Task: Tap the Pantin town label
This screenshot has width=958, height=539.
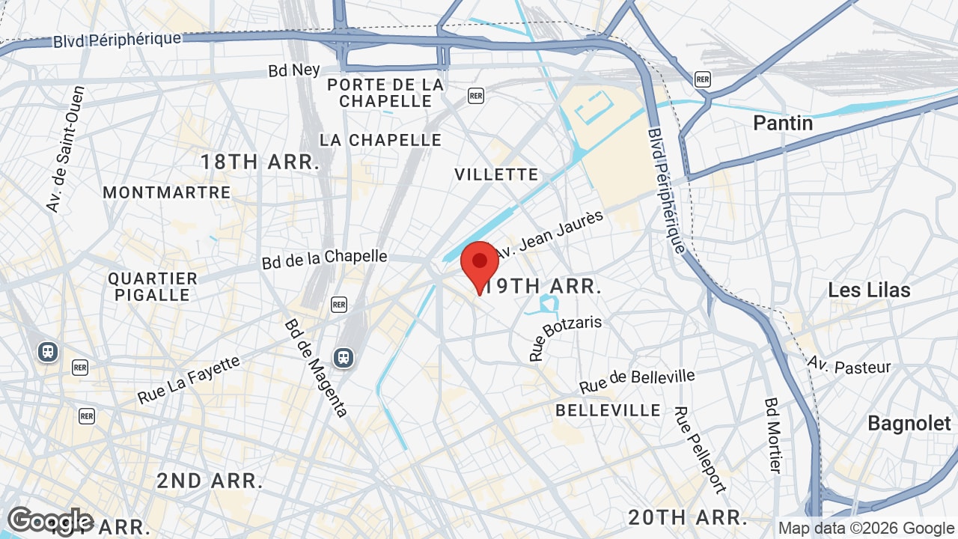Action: (783, 123)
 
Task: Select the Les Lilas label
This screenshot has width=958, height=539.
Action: (869, 290)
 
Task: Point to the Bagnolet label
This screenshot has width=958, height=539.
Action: (909, 423)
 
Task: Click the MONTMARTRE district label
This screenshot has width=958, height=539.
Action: (167, 192)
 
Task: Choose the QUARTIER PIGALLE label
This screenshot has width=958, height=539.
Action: (153, 287)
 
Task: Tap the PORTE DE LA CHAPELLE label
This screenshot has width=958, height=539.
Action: (385, 93)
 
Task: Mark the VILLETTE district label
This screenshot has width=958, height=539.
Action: (496, 174)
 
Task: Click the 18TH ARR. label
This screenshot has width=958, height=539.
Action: (260, 162)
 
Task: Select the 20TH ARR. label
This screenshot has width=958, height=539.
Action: (688, 517)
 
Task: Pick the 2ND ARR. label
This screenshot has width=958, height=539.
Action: (210, 481)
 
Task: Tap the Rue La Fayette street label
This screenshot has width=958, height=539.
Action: (189, 380)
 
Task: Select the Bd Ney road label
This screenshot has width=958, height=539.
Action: (294, 70)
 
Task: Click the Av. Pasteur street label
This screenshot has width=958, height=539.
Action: (849, 365)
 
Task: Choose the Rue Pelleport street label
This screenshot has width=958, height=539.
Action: (700, 450)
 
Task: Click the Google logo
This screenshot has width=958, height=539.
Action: (50, 521)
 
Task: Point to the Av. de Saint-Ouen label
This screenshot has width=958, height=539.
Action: (65, 149)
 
